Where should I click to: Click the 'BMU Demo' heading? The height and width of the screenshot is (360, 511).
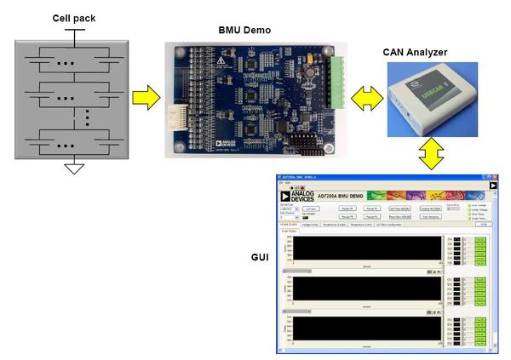click(x=244, y=31)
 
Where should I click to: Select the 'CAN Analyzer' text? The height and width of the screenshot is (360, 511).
click(x=416, y=53)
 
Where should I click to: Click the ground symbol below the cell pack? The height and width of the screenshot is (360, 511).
click(x=74, y=168)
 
